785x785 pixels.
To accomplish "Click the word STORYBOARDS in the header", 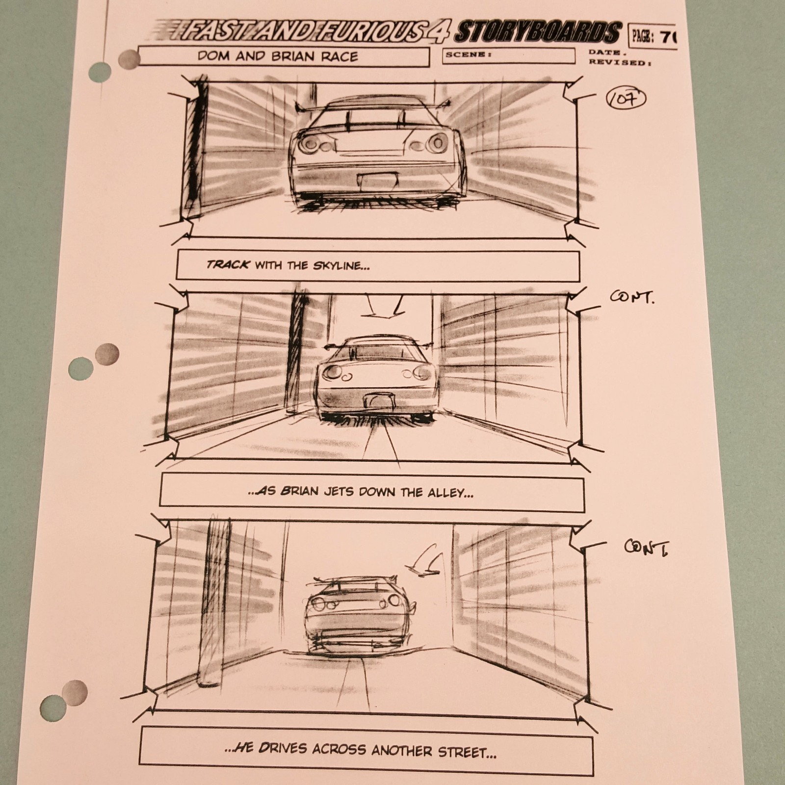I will tap(537, 33).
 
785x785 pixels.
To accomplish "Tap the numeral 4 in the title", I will tap(436, 32).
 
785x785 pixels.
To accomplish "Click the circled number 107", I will tap(627, 99).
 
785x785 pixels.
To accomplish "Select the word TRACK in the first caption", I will tap(228, 265).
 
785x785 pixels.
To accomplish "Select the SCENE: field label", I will tap(468, 54).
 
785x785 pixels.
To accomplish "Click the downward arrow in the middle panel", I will tap(385, 306).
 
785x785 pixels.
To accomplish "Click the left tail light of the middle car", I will tap(333, 372).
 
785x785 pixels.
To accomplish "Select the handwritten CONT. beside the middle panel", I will tap(631, 297).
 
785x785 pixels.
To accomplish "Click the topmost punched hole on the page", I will tap(100, 73).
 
